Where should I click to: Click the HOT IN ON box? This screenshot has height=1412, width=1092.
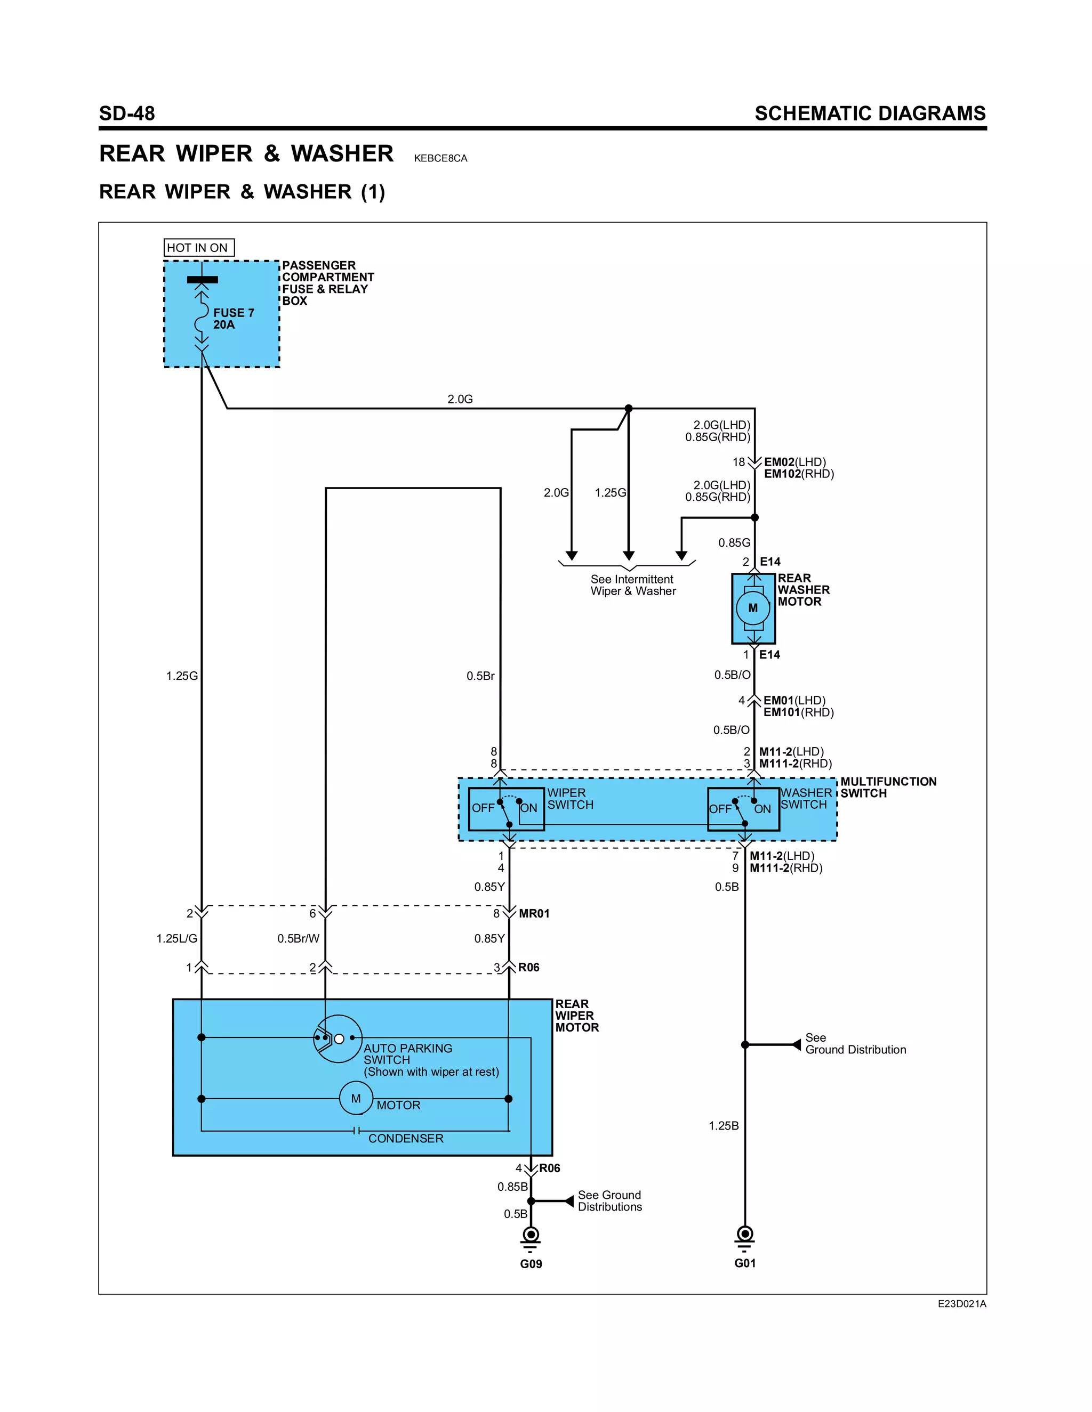click(x=198, y=248)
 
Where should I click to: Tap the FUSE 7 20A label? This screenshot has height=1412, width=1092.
click(x=234, y=319)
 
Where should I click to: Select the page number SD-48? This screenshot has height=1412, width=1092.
click(x=127, y=114)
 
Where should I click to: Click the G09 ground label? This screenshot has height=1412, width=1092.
click(x=531, y=1263)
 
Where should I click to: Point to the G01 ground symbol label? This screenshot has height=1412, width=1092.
click(x=744, y=1263)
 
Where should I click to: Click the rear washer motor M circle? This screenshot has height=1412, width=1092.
click(x=753, y=608)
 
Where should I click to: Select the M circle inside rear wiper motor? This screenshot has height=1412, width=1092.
click(x=356, y=1099)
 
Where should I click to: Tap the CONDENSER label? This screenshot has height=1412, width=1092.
click(x=406, y=1138)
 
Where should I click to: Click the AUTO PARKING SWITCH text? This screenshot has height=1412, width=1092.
click(x=407, y=1054)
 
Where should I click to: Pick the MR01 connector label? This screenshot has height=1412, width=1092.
click(x=534, y=913)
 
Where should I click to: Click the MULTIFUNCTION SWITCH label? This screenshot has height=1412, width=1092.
click(x=888, y=788)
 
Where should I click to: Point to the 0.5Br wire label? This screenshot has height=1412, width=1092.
click(x=480, y=676)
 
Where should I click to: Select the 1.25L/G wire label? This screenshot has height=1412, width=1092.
click(x=176, y=938)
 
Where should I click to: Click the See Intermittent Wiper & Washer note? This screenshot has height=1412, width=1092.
click(x=633, y=585)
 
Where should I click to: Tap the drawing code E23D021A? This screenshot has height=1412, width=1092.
click(x=961, y=1304)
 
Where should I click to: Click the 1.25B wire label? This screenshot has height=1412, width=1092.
click(x=723, y=1125)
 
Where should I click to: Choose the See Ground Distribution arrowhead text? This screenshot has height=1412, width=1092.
click(x=855, y=1043)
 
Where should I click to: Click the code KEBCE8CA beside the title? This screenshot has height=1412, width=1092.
click(x=440, y=158)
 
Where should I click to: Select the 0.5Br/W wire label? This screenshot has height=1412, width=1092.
click(x=298, y=938)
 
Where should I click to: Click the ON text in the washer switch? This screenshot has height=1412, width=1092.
click(x=762, y=809)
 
